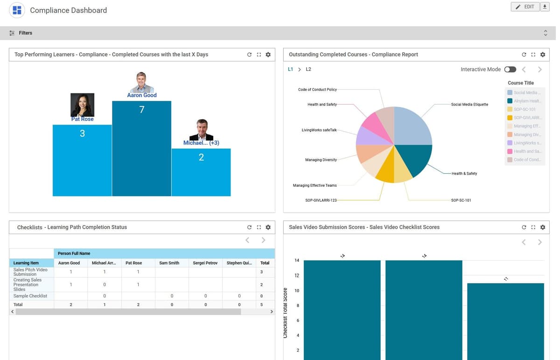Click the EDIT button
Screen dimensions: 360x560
point(525,7)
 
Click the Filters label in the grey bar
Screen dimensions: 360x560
point(25,33)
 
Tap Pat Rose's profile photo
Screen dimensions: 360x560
point(82,105)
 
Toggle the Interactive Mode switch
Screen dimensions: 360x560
point(510,70)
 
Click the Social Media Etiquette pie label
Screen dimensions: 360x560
point(469,105)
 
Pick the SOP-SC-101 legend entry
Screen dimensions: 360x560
point(525,109)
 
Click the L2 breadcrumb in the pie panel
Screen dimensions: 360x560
point(308,70)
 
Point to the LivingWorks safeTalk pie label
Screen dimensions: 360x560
point(319,130)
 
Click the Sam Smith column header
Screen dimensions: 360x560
point(169,263)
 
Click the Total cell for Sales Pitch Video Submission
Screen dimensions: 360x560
point(261,272)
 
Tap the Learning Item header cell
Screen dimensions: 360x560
point(26,263)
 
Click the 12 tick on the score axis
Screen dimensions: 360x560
point(297,275)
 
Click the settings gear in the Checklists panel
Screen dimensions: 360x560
point(268,227)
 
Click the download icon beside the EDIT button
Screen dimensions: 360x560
point(545,7)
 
